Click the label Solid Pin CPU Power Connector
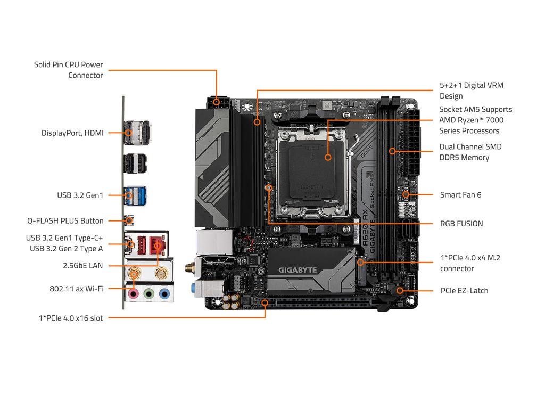point(68,70)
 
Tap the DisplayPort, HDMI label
point(72,133)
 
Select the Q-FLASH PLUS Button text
point(65,220)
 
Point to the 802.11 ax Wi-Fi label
point(76,288)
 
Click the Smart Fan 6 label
point(460,194)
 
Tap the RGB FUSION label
point(461,224)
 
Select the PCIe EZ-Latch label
point(464,290)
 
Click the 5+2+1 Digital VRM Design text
point(471,91)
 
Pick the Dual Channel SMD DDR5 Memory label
point(470,152)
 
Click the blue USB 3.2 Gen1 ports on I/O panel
point(136,194)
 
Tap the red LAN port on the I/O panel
point(156,245)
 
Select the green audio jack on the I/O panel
point(150,293)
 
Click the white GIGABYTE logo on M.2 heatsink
point(298,270)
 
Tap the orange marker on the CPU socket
point(328,157)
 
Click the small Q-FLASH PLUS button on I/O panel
point(129,220)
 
